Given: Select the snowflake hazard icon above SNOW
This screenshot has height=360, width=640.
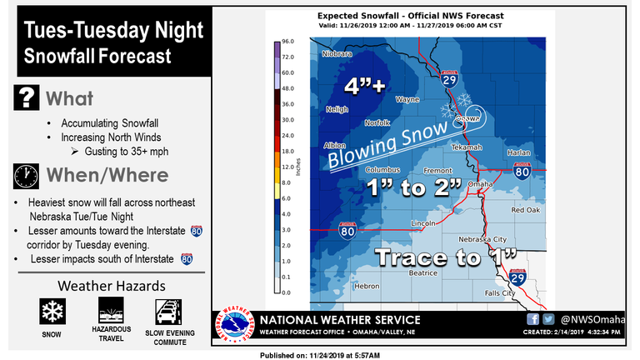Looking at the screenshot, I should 53,311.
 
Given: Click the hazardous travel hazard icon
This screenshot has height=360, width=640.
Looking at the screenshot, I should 111,311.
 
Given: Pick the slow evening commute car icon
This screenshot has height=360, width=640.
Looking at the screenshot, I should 168,311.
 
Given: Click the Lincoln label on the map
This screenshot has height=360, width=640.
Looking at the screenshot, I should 423,223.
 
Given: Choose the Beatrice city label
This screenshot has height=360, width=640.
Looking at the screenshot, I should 422,272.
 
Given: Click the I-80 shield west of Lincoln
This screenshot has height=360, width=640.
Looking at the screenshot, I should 347,231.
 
